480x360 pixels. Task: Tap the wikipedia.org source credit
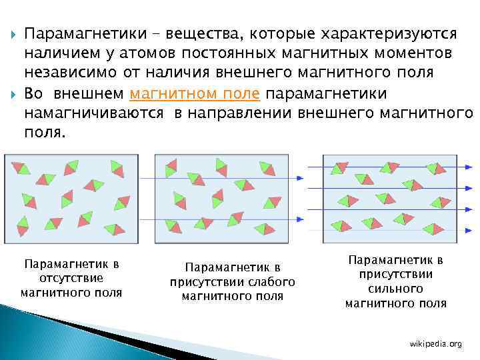click(x=435, y=343)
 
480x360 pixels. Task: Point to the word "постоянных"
click(x=216, y=53)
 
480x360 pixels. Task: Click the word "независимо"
click(x=65, y=72)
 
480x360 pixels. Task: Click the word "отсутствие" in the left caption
click(x=71, y=278)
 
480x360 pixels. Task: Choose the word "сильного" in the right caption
click(x=395, y=289)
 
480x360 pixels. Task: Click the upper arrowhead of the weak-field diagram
click(x=300, y=177)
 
